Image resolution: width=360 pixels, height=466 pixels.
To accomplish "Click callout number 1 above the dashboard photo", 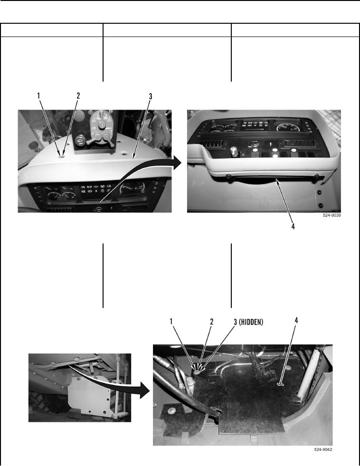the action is coord(38,96).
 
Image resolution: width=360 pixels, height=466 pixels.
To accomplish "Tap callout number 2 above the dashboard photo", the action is coord(78,96).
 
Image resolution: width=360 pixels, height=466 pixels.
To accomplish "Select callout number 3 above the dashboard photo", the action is coord(151,96).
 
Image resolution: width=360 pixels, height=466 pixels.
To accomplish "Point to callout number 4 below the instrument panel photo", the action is coord(293,226).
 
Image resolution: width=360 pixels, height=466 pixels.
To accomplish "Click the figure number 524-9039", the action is coord(332,215).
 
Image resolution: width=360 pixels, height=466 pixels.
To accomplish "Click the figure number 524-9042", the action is coord(323,449).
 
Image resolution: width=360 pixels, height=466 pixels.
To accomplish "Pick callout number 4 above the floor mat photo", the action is coord(296,320).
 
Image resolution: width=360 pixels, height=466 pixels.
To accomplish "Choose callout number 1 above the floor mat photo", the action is coord(171,321).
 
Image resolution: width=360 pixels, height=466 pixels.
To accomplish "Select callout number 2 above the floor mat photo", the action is coord(211,322).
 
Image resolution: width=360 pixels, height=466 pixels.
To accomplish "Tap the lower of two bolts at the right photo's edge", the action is coord(321,205).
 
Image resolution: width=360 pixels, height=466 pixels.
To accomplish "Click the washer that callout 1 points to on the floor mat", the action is coord(197,372).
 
